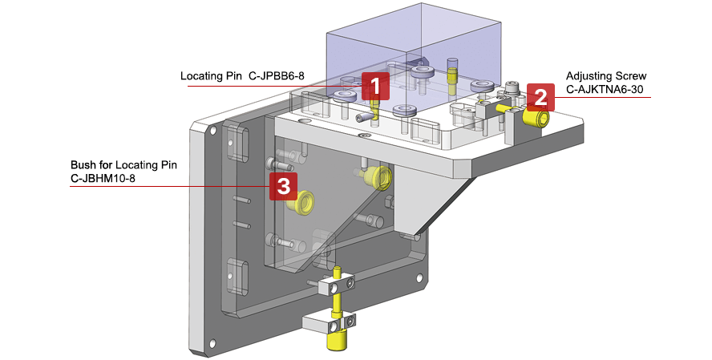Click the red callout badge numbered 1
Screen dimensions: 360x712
coord(375,86)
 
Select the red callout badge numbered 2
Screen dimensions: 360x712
coord(540,98)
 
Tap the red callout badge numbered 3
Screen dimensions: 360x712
coord(283,186)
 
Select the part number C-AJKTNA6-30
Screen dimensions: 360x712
coord(605,90)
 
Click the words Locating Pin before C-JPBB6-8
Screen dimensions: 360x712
coord(212,76)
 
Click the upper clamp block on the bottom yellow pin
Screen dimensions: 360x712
coord(336,284)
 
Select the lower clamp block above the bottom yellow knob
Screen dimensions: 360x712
coord(328,323)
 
